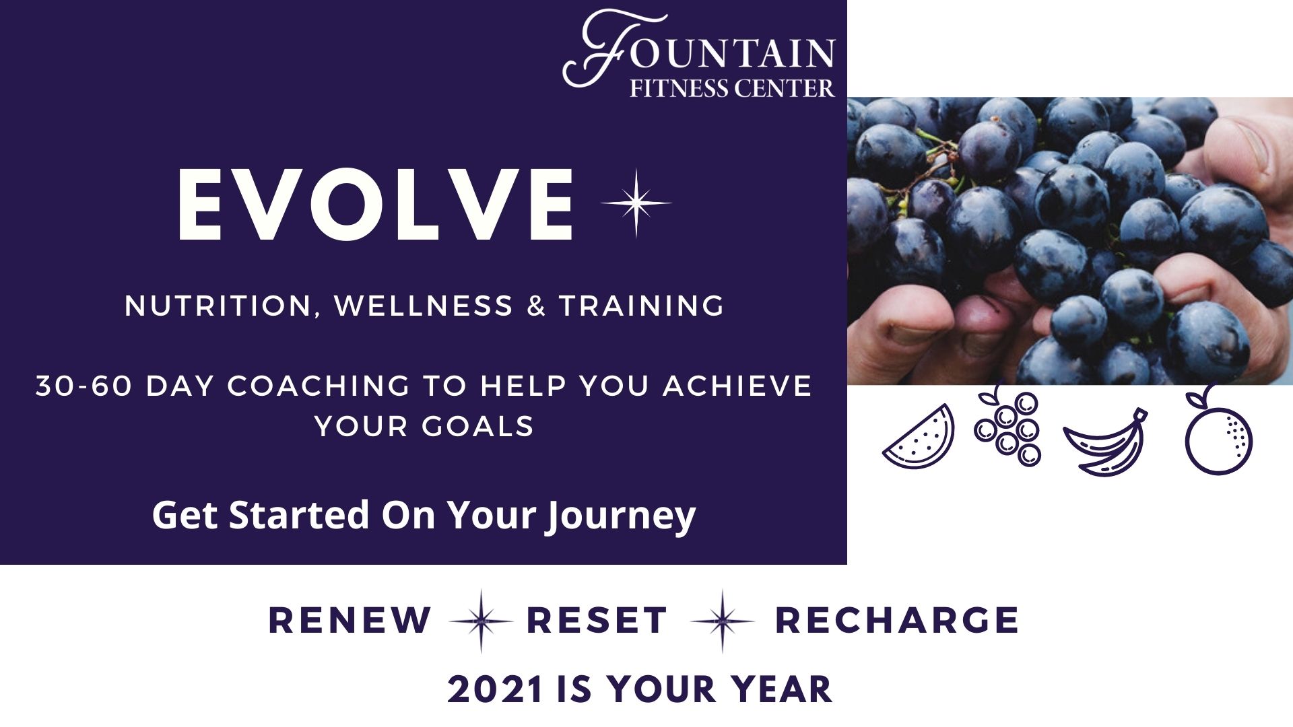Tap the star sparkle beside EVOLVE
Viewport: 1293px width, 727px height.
tap(636, 203)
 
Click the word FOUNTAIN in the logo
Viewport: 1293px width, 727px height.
tap(699, 48)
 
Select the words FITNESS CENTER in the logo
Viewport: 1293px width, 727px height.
tap(732, 88)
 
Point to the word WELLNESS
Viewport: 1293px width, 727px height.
tap(424, 306)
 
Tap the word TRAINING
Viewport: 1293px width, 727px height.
tap(642, 306)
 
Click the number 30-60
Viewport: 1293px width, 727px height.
tap(84, 386)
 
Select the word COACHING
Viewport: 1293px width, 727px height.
tap(319, 386)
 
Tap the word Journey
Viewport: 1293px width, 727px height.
tap(620, 517)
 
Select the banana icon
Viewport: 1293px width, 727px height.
tap(1104, 443)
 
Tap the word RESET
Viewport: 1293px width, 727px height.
tap(597, 620)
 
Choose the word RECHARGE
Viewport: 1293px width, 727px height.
tap(897, 620)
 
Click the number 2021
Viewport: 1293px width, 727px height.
tap(496, 690)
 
